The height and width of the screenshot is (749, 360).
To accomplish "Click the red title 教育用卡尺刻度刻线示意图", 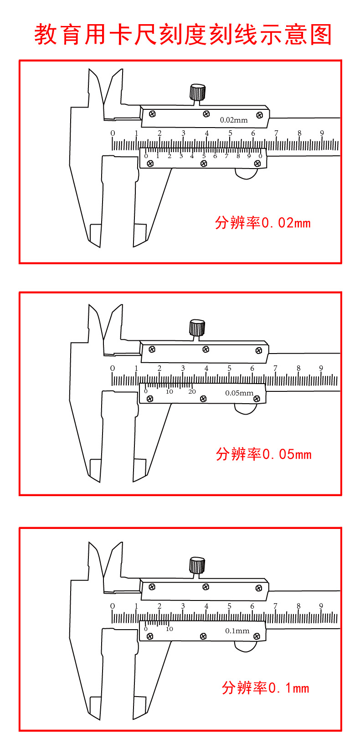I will click(x=183, y=35).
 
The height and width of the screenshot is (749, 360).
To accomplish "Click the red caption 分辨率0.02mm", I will click(x=263, y=223).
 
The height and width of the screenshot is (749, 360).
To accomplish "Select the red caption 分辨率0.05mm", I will click(x=263, y=454).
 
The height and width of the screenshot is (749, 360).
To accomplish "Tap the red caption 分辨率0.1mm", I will click(x=265, y=687).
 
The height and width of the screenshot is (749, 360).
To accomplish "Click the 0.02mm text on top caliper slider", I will click(x=234, y=120).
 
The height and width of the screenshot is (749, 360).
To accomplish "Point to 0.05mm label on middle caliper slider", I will click(x=239, y=393).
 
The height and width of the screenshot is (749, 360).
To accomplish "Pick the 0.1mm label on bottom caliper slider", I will click(x=237, y=631).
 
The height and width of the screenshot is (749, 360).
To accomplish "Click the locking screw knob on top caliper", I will click(x=198, y=92).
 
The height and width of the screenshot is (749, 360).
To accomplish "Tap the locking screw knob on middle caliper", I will click(x=197, y=328).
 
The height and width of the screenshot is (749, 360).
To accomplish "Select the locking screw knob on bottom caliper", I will click(x=197, y=565).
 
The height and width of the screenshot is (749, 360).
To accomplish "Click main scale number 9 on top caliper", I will click(x=322, y=133).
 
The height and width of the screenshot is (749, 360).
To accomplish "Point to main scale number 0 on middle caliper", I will click(x=113, y=368).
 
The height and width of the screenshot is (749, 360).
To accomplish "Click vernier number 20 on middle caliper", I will click(x=192, y=392).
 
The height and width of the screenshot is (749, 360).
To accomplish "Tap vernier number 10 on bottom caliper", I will click(x=170, y=629).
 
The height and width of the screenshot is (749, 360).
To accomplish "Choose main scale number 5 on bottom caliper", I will click(x=229, y=606).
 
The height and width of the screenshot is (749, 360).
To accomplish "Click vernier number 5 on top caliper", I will click(x=204, y=156).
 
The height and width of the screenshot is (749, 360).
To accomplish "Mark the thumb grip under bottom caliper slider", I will click(x=246, y=646).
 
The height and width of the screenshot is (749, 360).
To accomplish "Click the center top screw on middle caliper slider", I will click(x=206, y=349).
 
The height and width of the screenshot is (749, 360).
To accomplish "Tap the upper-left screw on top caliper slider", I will click(x=152, y=114).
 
